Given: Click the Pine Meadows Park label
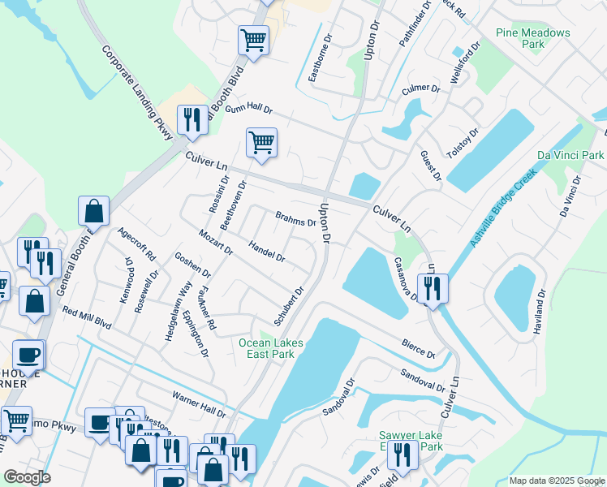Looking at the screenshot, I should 532,38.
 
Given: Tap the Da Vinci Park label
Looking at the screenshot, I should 570,154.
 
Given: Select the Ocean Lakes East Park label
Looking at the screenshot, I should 271,348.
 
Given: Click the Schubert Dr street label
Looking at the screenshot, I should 288,306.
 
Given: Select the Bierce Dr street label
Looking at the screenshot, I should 418,349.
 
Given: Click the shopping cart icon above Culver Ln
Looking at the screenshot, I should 261,143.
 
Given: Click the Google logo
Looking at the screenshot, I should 27,477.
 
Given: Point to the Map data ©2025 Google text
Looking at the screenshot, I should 556,481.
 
